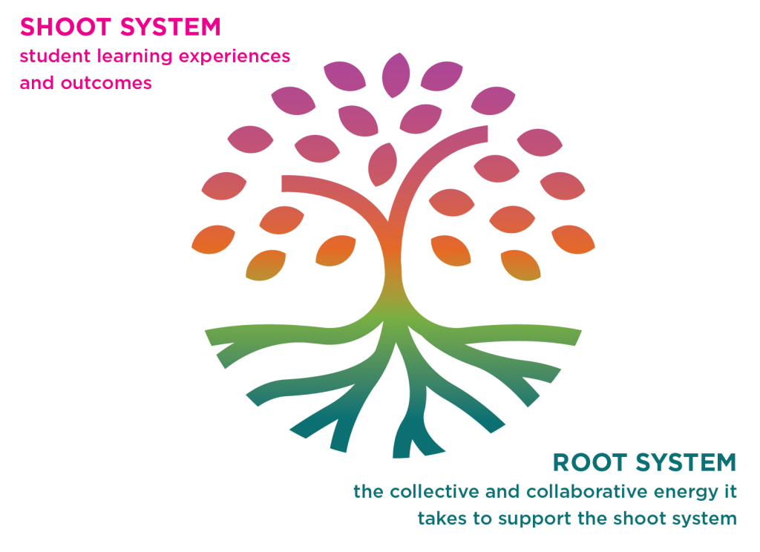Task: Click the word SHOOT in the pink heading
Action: click(64, 27)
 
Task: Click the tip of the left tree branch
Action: click(284, 183)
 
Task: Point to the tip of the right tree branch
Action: click(485, 134)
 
